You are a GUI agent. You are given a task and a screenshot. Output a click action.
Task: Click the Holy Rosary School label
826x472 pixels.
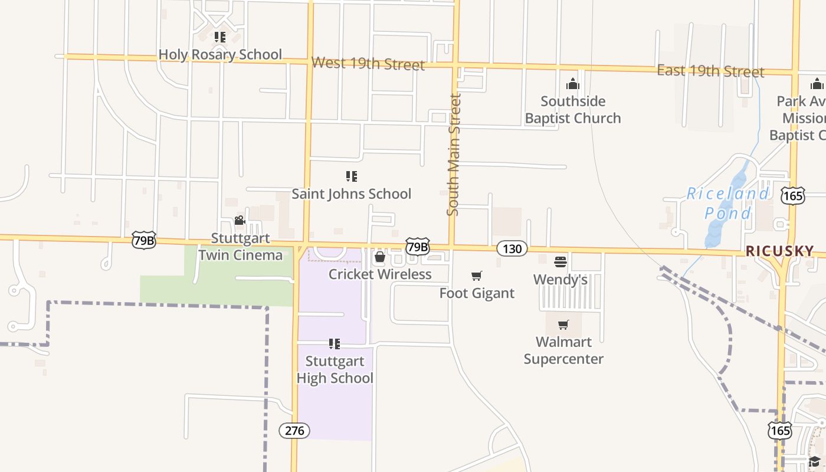[x=220, y=55]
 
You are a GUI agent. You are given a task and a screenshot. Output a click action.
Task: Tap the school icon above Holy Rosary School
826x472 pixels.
[x=220, y=37]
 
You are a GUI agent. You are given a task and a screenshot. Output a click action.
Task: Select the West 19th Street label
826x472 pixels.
[x=368, y=63]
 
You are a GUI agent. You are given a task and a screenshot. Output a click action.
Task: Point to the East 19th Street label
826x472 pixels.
[x=710, y=71]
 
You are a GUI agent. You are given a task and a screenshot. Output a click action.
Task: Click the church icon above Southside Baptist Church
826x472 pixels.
[x=573, y=84]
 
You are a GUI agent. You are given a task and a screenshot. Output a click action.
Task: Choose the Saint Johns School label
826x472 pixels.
[x=352, y=194]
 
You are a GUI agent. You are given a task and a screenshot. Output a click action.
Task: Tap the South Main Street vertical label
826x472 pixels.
[x=454, y=155]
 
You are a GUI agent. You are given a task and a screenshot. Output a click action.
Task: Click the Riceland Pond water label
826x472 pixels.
[x=728, y=203]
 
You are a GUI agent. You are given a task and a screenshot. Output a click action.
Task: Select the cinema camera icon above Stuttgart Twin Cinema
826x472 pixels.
[x=240, y=221]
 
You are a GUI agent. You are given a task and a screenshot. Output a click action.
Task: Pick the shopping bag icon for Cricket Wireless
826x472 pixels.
[x=380, y=257]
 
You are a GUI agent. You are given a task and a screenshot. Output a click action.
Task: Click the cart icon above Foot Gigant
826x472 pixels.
[x=477, y=276]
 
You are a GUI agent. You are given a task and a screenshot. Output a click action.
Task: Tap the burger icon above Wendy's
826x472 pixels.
[x=560, y=261]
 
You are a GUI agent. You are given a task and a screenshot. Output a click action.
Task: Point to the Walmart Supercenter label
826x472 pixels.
[x=563, y=350]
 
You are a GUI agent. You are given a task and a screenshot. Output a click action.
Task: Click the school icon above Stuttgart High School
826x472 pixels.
[x=335, y=343]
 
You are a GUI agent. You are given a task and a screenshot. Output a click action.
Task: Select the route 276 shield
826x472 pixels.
[x=294, y=431]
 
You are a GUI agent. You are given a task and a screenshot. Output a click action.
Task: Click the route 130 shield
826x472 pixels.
[x=512, y=248]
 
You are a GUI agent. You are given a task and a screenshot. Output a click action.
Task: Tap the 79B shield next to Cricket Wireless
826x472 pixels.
[x=418, y=247]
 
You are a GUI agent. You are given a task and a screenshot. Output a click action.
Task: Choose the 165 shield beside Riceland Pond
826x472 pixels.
[x=793, y=196]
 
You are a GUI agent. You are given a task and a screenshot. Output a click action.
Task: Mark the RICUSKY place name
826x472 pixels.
[x=779, y=251]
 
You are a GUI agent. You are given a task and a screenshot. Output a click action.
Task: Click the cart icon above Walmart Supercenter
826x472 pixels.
[x=563, y=324]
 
